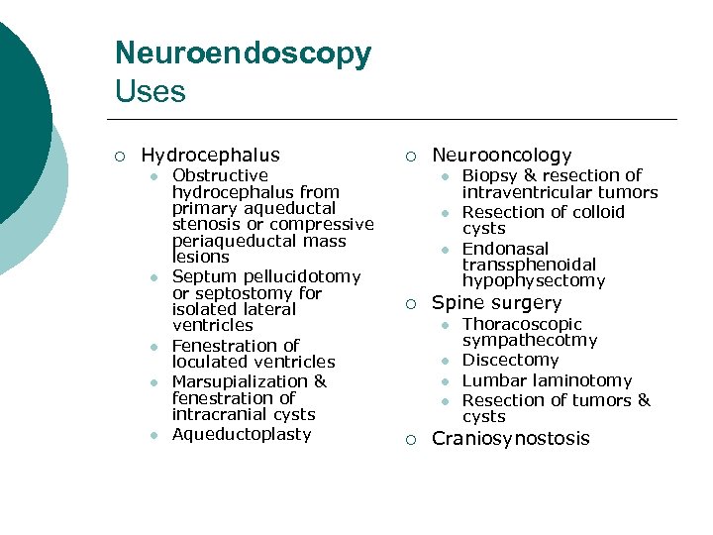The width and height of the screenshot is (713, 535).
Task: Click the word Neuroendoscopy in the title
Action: tap(243, 53)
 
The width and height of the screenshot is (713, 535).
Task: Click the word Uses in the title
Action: tap(150, 92)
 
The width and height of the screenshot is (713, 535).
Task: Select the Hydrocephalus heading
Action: tap(210, 156)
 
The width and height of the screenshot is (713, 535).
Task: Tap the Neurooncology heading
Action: tap(502, 156)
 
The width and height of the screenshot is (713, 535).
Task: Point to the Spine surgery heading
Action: tap(496, 303)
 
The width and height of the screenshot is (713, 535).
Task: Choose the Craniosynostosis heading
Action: tap(510, 439)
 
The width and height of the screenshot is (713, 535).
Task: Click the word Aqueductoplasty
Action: tap(242, 434)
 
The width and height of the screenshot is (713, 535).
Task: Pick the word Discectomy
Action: tap(510, 361)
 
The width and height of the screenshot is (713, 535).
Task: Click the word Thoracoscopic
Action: tap(522, 325)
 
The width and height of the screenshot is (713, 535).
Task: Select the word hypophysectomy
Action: tap(533, 281)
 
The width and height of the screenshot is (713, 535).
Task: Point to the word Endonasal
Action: tap(505, 249)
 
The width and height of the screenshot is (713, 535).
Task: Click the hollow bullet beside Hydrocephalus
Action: tap(119, 157)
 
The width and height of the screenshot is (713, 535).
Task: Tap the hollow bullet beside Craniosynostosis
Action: tap(410, 440)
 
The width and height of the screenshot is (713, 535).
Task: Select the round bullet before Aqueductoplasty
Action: tap(154, 435)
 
